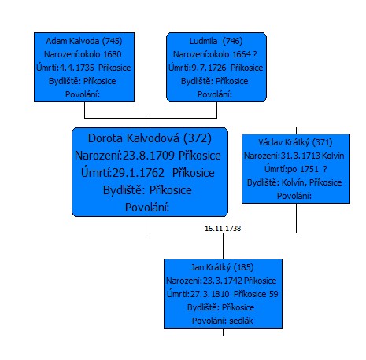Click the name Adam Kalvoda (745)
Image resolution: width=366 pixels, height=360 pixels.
(x=84, y=41)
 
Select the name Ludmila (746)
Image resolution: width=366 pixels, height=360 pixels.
(x=216, y=41)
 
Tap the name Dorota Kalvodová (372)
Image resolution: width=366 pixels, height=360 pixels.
(x=150, y=138)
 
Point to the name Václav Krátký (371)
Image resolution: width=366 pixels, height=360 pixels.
(x=295, y=142)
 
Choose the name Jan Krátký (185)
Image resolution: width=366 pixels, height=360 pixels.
(x=222, y=267)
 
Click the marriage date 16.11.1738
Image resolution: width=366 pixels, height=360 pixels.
(x=223, y=229)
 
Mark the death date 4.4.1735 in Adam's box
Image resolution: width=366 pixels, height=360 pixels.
(x=76, y=68)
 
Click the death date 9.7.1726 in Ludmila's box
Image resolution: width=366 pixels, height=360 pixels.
(x=209, y=68)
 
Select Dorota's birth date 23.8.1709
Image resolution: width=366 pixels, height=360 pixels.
(x=149, y=156)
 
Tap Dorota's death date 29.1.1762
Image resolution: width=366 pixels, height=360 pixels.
(x=139, y=173)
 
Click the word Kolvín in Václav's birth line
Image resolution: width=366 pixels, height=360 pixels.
(x=333, y=156)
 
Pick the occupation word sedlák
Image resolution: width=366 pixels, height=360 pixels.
(x=241, y=321)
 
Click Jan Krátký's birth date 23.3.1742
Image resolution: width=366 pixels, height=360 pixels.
(x=223, y=281)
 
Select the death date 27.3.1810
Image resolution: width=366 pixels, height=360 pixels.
(x=209, y=294)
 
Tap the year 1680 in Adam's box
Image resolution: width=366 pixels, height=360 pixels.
(x=113, y=54)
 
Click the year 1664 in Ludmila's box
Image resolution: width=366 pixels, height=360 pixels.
(x=242, y=54)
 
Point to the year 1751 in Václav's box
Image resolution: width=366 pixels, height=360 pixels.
(x=309, y=169)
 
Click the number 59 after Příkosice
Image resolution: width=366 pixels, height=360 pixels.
(x=274, y=294)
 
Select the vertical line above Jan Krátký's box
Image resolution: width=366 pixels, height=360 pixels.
(x=223, y=246)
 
